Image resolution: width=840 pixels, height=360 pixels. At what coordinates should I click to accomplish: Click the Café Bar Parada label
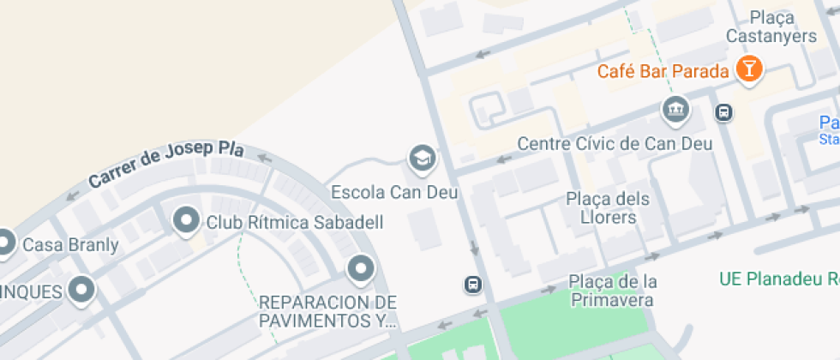pos(663,71)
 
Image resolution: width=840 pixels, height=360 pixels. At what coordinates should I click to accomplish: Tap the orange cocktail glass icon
pos(748,69)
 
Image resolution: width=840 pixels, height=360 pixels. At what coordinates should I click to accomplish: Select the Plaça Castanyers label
pos(771,27)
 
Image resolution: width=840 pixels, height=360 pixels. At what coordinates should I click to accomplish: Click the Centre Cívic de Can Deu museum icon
pos(675,110)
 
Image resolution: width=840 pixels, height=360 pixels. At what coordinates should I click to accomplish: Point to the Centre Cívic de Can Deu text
pos(615,143)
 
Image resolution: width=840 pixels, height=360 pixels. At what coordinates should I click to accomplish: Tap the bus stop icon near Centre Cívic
pos(724,112)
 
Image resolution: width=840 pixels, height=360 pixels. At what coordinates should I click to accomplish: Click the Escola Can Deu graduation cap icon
pos(421,158)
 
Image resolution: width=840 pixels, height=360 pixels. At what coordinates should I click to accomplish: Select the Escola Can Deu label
pos(395,192)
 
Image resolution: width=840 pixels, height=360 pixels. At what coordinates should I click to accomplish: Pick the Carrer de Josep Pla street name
pos(166,165)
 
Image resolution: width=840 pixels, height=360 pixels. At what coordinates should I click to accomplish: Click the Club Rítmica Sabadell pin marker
pos(185,221)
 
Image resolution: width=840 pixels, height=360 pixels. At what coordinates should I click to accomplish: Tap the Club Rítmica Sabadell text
pos(294,223)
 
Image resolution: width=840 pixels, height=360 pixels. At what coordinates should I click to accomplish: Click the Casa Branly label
pos(70,245)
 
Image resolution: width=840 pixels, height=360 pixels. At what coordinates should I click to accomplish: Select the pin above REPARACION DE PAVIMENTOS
pos(361,270)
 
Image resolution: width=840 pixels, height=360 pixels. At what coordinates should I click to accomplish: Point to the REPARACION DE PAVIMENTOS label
pos(328,312)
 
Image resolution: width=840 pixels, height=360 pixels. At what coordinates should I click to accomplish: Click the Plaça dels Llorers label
pos(608,208)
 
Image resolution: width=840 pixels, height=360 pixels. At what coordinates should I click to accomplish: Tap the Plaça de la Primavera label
pos(613,291)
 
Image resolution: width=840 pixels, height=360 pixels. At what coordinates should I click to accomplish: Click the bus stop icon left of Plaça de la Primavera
pos(472,285)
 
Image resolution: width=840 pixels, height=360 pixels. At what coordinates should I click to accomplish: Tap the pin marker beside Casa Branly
pos(4,243)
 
